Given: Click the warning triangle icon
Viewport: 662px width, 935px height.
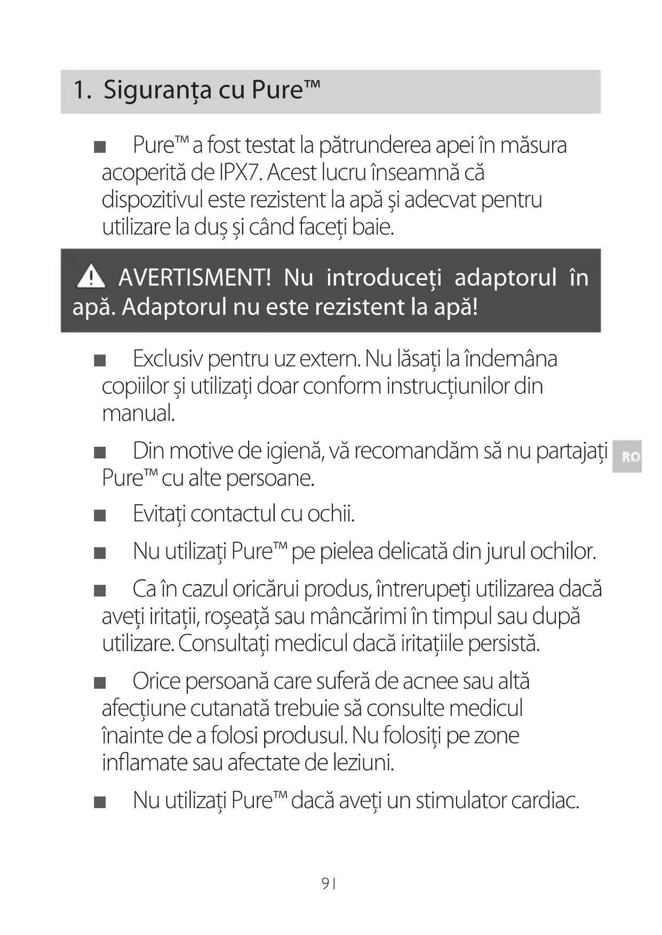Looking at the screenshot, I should click(91, 276).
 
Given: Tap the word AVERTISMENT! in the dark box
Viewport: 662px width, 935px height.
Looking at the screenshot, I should click(195, 278).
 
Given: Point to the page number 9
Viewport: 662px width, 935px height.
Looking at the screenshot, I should click(325, 884).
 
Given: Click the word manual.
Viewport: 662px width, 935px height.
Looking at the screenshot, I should click(138, 413).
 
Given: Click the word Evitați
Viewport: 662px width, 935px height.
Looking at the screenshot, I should click(159, 514).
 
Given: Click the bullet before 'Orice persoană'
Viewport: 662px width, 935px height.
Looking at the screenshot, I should click(100, 683).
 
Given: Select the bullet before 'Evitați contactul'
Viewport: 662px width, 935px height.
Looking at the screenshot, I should click(100, 515).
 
